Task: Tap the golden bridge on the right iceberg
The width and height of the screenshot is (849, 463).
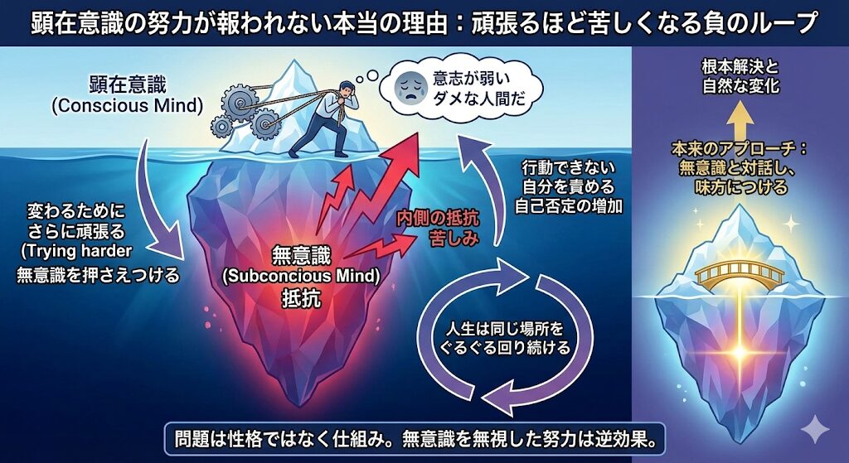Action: coord(739,273)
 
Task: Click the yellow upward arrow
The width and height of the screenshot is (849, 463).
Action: coord(739,121)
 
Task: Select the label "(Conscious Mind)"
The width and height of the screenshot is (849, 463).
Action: coord(127,105)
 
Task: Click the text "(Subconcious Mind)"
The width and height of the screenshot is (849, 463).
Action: coord(301,277)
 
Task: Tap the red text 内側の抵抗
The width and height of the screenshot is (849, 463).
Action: coord(438,219)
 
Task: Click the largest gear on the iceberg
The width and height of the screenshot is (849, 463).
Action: coord(239,99)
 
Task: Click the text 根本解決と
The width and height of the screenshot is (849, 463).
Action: coord(740,67)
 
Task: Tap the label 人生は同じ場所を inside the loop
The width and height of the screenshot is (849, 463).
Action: coord(504,328)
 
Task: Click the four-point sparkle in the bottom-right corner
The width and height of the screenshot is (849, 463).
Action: coord(814,430)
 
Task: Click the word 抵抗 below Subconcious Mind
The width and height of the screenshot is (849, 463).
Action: coord(301,298)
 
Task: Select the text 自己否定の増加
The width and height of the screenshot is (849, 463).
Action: coord(568,206)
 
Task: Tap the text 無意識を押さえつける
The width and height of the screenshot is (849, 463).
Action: coord(98,275)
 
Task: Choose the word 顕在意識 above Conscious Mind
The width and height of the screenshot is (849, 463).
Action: coord(127,85)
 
